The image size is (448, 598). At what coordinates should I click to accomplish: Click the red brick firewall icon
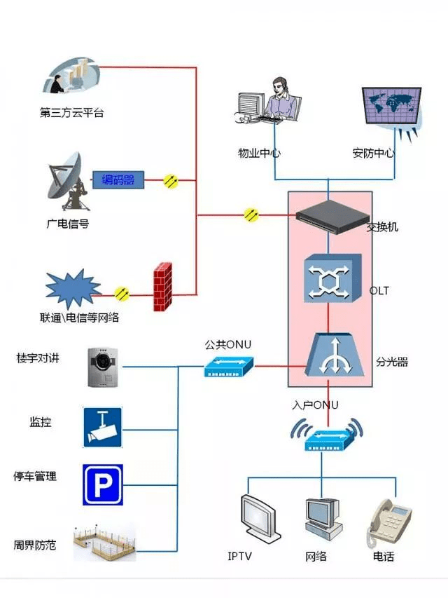[163, 287]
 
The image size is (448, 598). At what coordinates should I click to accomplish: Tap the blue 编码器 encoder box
[118, 180]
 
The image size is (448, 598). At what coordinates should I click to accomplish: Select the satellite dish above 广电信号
[66, 186]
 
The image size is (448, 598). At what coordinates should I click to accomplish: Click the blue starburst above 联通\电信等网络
[73, 288]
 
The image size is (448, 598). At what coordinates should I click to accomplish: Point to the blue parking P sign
[103, 484]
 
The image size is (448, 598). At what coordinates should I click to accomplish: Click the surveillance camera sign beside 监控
[103, 426]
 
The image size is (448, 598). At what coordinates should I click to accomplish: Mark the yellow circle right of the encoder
[171, 181]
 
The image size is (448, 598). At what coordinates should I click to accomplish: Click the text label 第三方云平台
[72, 113]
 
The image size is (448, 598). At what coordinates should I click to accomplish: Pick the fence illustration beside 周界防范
[105, 543]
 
